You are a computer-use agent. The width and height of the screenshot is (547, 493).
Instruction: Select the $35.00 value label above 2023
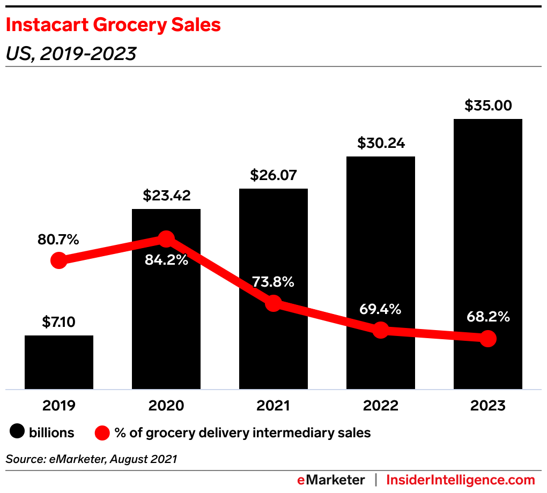click(487, 105)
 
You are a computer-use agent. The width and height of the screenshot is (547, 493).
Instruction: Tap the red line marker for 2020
click(166, 238)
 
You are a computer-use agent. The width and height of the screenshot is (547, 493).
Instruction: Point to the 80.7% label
click(58, 240)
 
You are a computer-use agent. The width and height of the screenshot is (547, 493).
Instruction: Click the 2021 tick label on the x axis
click(273, 406)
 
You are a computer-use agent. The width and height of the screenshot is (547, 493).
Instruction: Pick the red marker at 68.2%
click(487, 338)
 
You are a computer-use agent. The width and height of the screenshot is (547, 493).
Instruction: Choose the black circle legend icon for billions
click(17, 432)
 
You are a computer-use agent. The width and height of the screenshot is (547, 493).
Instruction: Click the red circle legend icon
click(102, 432)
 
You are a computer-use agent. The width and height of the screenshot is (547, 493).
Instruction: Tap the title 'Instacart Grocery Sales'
click(113, 25)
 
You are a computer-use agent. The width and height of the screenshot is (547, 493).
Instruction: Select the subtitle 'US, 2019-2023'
click(71, 54)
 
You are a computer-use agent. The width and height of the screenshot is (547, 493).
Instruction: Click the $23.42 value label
click(166, 196)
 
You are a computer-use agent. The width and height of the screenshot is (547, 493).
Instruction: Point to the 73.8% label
click(273, 282)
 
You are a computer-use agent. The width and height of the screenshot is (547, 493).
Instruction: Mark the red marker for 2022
click(380, 330)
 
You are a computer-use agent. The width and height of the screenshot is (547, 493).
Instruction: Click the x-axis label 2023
click(487, 406)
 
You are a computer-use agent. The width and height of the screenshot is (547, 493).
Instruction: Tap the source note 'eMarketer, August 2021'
click(91, 459)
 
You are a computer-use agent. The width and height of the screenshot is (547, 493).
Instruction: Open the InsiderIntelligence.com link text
click(461, 480)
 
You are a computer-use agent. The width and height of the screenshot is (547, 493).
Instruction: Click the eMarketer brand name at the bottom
click(331, 480)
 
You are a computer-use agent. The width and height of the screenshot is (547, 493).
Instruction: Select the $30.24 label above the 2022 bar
click(380, 143)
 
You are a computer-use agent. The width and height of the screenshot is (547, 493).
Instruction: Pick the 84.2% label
click(166, 260)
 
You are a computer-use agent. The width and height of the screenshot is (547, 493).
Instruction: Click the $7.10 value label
click(59, 323)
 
